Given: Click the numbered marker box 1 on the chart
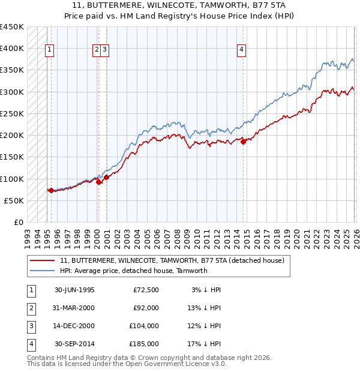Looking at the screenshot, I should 49,50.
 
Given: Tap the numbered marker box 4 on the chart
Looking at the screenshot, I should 241,50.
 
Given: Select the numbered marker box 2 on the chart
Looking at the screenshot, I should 97,50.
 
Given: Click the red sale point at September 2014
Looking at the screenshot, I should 243,142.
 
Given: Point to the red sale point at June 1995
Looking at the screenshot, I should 51,191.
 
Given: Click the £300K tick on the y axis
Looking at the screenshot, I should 12,92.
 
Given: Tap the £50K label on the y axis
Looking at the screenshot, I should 14,200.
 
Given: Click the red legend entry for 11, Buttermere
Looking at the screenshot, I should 176,260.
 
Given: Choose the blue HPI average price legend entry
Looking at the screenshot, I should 133,271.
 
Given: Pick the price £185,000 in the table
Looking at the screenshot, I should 144,344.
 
